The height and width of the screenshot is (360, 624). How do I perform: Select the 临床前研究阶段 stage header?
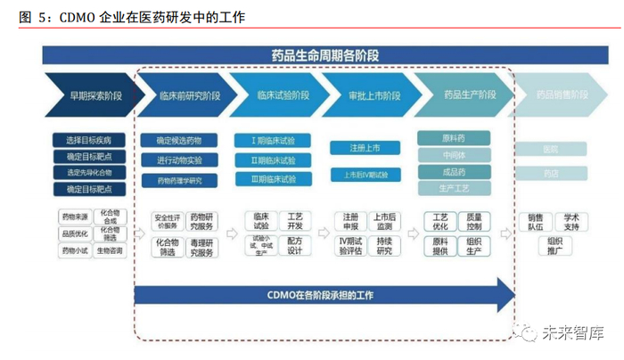184,94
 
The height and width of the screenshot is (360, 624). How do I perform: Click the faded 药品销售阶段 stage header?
560,94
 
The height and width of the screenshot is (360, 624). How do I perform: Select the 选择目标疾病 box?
89,141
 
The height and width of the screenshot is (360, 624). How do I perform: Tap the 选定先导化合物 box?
89,173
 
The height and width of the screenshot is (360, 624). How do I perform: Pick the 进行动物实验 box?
179,160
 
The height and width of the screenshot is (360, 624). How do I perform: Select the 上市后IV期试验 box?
365,175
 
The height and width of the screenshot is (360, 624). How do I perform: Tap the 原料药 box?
454,139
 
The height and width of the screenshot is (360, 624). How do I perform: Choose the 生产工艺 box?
454,189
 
